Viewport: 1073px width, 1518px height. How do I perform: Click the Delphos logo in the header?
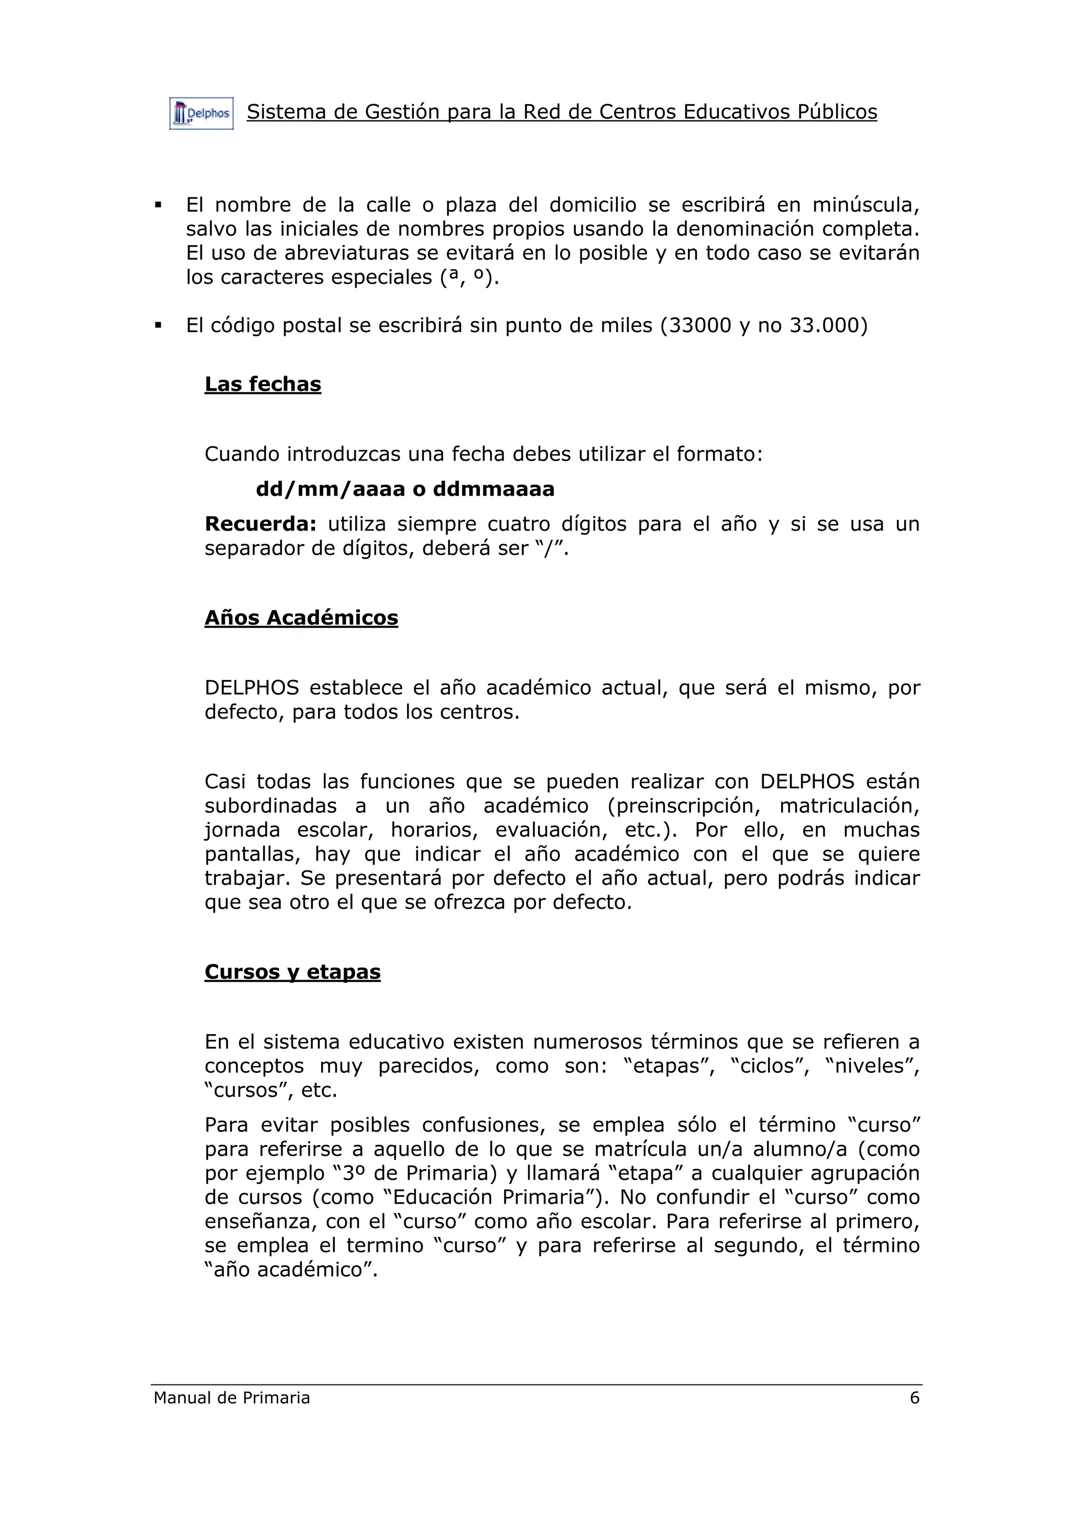(201, 114)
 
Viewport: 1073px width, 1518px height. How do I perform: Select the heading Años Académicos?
(301, 618)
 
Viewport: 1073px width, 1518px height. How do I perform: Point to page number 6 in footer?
(914, 1398)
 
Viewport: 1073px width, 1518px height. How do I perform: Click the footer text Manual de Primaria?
(232, 1398)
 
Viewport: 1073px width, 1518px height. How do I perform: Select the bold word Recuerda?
(260, 524)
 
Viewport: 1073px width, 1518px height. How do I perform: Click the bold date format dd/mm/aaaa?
(330, 489)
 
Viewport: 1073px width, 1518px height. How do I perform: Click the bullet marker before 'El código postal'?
(158, 325)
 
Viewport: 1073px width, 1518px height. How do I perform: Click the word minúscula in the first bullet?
(866, 206)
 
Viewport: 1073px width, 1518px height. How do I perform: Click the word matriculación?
(849, 806)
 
